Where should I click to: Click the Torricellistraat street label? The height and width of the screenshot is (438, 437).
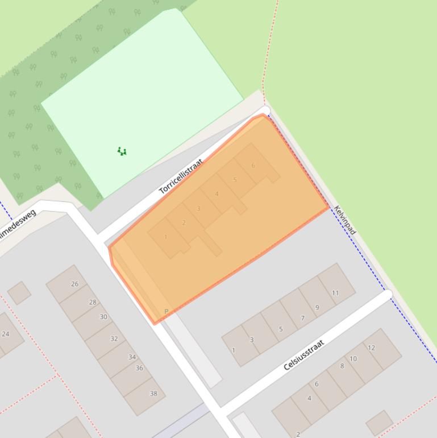click(181, 177)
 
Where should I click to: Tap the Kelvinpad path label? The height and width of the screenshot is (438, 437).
click(345, 220)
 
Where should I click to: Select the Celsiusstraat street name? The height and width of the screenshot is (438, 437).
click(304, 354)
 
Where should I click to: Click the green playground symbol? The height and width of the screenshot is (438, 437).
click(122, 151)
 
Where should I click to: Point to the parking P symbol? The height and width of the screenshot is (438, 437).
click(167, 312)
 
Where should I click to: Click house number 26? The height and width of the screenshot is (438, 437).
click(74, 283)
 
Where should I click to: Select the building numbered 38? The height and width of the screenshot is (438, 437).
click(153, 394)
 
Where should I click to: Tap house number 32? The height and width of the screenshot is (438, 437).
click(114, 338)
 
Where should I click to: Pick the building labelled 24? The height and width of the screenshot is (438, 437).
click(6, 334)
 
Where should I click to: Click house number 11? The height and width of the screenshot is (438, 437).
click(335, 293)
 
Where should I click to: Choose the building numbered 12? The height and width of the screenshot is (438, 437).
click(371, 348)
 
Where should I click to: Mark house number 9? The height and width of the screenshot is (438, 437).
click(317, 307)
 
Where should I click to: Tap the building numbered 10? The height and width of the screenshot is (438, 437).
click(353, 358)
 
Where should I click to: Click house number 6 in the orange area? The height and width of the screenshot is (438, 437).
click(253, 166)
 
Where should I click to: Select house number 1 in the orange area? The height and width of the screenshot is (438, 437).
click(166, 237)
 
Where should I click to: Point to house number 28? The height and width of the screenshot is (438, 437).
click(93, 302)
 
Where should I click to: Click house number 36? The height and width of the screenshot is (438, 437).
click(139, 368)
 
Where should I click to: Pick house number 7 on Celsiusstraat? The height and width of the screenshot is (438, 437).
click(302, 318)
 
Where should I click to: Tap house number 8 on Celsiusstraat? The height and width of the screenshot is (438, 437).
click(342, 366)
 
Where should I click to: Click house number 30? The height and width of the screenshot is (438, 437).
click(103, 317)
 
